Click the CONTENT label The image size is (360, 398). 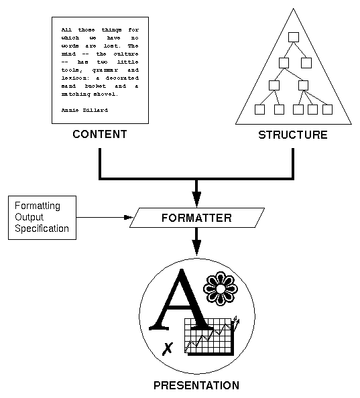point(100,135)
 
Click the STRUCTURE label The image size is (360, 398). point(293,135)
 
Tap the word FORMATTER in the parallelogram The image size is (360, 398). point(196,218)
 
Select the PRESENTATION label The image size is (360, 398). point(196,385)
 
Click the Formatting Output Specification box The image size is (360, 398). point(42,218)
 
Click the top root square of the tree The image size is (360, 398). point(293,38)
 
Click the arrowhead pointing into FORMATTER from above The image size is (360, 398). point(196,200)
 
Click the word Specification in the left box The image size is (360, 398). point(42,228)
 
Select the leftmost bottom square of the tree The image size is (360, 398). point(260,109)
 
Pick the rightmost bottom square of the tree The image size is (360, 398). point(328,109)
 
